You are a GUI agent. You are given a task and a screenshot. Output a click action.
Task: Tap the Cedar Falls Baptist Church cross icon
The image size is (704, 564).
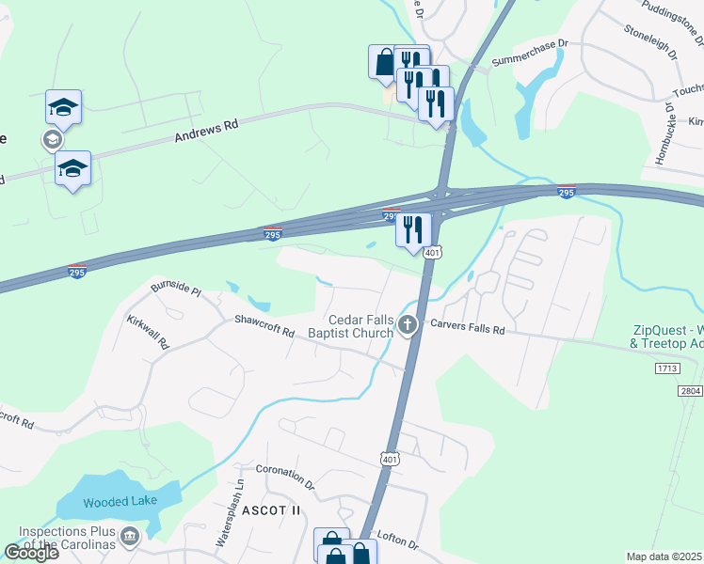408,326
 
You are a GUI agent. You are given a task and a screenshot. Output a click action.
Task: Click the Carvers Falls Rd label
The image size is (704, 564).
468,330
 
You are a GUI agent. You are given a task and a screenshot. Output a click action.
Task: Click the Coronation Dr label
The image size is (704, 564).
285,478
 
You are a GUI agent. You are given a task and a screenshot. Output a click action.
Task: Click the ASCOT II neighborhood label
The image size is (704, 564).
270,509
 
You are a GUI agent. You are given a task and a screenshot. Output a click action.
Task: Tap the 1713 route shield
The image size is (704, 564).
664,369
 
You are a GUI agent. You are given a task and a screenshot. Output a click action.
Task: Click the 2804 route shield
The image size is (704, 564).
691,390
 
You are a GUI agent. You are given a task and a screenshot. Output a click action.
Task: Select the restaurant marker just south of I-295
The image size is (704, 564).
413,229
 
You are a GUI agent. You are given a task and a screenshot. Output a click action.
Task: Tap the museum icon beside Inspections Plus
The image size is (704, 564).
131,537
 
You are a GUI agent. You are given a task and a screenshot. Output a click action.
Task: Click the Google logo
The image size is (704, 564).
32,553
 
